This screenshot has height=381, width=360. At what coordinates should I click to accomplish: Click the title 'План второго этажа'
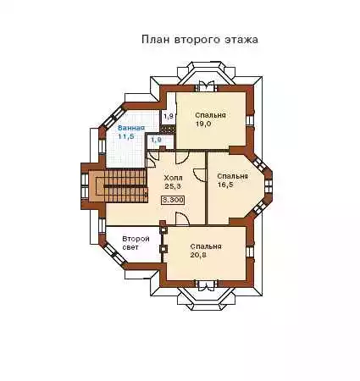click(200, 40)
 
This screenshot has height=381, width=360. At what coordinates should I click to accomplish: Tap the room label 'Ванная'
click(131, 128)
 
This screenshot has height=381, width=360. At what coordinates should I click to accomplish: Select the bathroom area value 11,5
click(126, 136)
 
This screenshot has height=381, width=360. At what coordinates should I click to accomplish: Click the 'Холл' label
click(173, 178)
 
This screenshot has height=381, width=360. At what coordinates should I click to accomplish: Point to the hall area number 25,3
click(173, 186)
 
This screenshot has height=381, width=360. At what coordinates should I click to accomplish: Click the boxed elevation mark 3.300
click(173, 200)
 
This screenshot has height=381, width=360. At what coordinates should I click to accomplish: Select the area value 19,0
click(203, 124)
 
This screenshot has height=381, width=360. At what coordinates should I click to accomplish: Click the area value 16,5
click(225, 185)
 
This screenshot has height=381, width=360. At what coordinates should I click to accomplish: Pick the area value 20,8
click(198, 255)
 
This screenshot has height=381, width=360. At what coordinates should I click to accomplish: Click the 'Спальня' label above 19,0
click(210, 115)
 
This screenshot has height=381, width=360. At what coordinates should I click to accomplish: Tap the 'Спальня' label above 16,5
click(232, 176)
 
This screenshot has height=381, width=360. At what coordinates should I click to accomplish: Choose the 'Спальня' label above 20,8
click(206, 246)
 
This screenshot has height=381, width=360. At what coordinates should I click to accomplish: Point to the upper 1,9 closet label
click(169, 116)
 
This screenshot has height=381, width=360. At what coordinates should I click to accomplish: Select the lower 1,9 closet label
click(156, 140)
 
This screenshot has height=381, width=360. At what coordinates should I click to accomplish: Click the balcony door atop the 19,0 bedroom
click(206, 86)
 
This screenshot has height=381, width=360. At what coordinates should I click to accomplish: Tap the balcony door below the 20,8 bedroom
click(206, 284)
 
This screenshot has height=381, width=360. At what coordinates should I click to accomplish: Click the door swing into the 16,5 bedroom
click(199, 175)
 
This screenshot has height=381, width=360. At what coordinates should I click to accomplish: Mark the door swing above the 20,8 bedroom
click(182, 218)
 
